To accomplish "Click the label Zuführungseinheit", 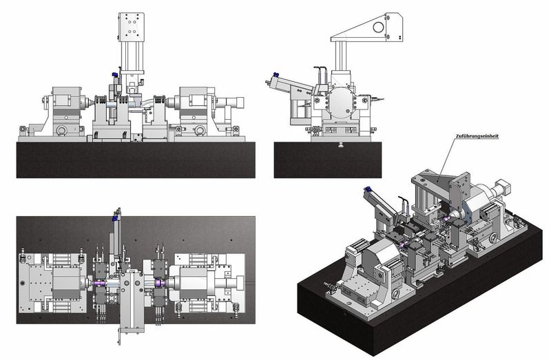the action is [x=477, y=136].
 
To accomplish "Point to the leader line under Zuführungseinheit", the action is [x=446, y=160].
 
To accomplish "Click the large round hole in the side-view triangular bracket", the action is [x=378, y=27].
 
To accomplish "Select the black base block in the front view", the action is [x=136, y=160].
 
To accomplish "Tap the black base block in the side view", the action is [x=328, y=160].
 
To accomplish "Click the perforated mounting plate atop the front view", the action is [x=131, y=26].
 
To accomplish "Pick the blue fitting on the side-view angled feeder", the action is [x=275, y=74].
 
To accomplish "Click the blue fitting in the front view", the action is [x=114, y=75].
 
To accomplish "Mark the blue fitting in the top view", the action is [x=114, y=218].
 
